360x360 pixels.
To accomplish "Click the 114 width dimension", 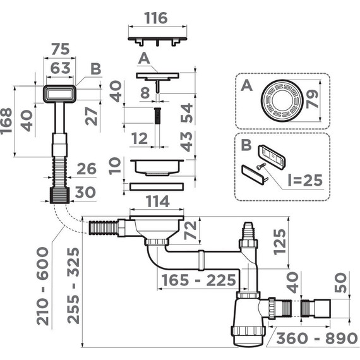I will coord(155,201).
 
